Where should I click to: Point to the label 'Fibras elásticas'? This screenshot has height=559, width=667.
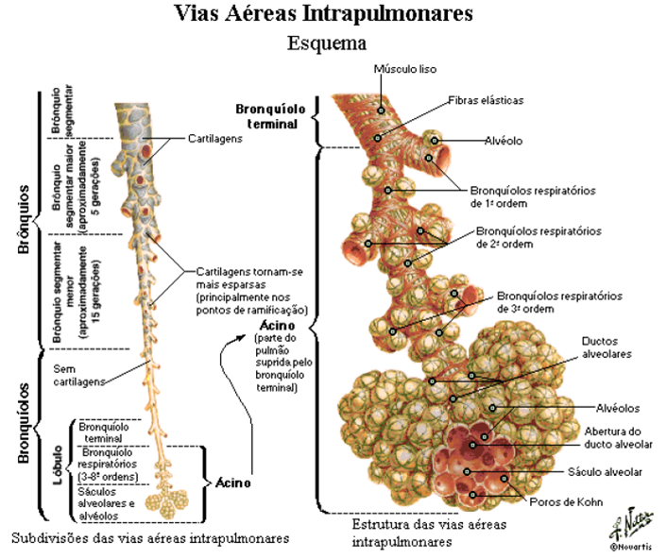click(x=486, y=99)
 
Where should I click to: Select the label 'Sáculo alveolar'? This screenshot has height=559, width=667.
click(x=605, y=470)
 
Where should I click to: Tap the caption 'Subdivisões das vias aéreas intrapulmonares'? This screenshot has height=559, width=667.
click(x=150, y=538)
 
